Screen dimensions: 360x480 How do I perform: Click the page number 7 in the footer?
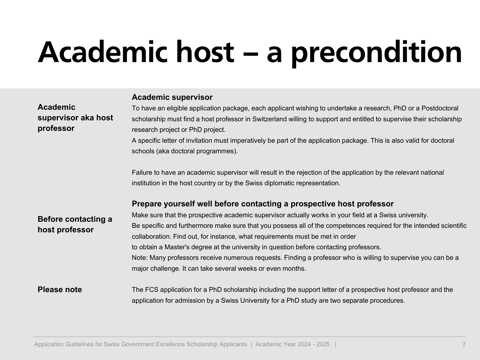464,345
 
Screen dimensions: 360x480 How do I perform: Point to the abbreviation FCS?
152,290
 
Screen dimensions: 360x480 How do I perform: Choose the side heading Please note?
60,290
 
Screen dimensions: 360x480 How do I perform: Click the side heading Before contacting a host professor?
75,224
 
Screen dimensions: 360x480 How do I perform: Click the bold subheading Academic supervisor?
172,97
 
